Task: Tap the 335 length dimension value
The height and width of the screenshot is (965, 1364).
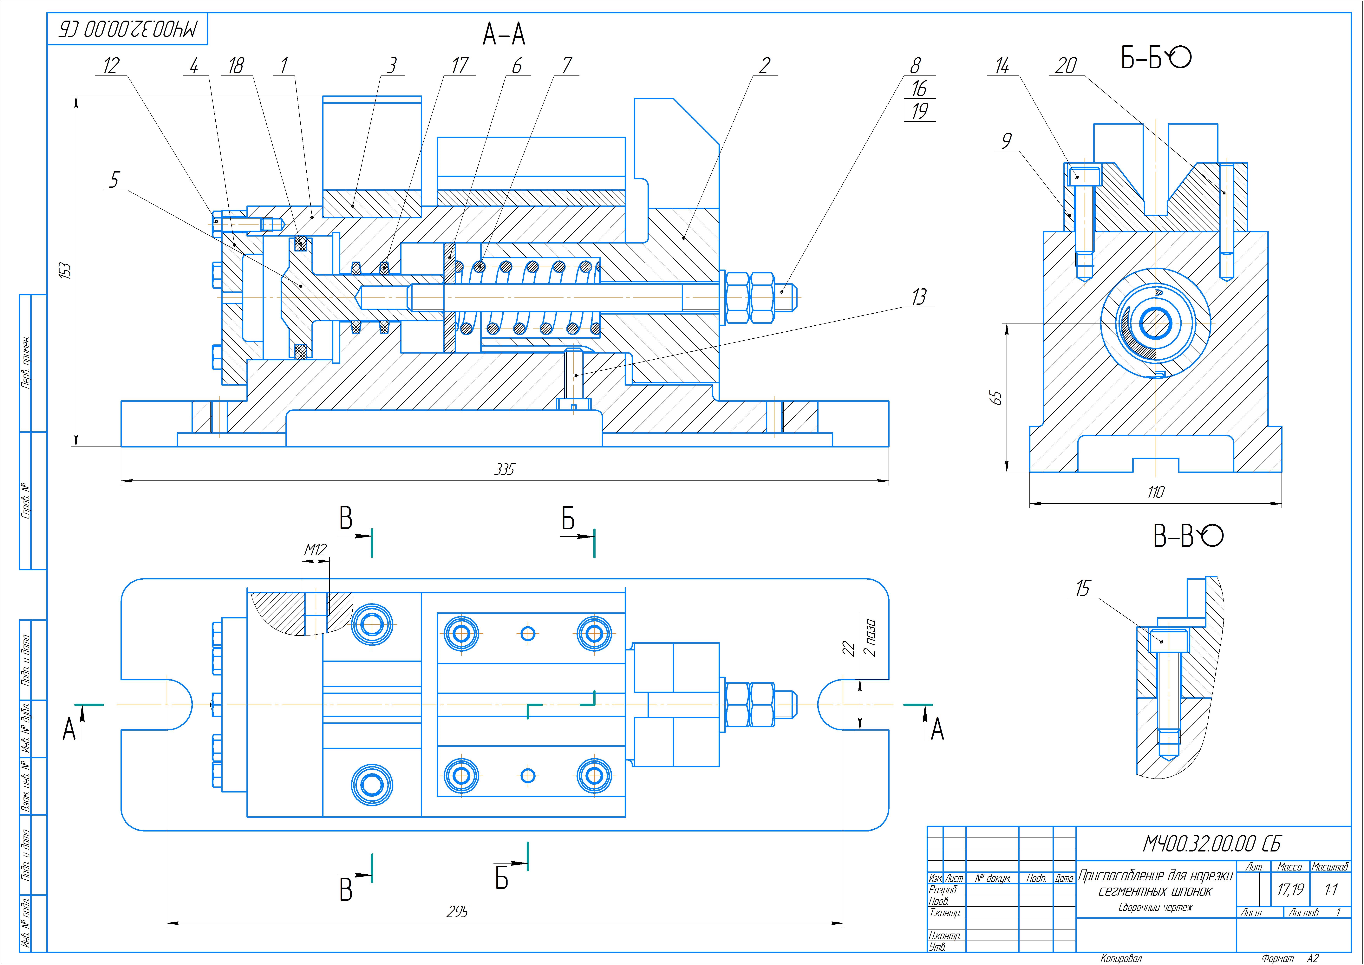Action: [504, 470]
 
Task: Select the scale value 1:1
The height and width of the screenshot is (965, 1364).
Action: [1331, 890]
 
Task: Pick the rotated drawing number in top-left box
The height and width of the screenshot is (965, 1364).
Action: [127, 29]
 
